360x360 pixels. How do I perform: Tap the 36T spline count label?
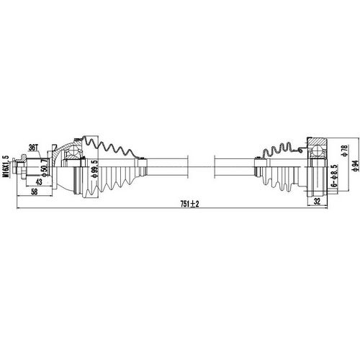pos(33,148)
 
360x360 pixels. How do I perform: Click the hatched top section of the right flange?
pos(318,141)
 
